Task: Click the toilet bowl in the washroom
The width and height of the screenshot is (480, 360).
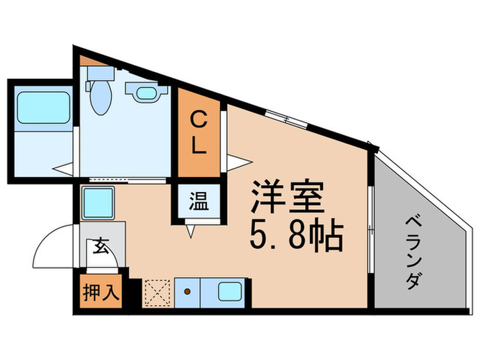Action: (100, 100)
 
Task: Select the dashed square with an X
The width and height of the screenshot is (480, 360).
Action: (157, 293)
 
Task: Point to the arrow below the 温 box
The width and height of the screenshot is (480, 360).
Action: (191, 232)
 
